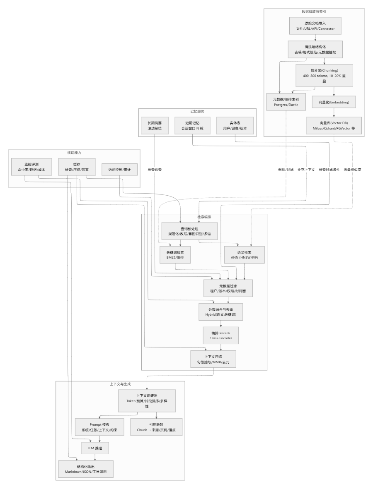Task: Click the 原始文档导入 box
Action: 315,26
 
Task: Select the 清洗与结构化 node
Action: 315,50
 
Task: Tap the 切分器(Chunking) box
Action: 324,75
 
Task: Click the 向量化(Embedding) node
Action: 334,102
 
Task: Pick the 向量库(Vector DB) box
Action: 334,126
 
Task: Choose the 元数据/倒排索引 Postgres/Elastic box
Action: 286,102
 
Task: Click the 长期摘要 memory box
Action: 155,126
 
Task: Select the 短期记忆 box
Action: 192,126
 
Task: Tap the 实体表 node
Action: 235,126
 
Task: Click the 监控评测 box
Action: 31,167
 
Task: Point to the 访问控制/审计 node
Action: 120,170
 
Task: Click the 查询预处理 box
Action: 189,231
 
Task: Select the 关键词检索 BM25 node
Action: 175,255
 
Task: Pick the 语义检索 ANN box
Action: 244,255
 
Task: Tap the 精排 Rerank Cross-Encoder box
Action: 220,336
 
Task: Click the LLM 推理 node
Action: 95,448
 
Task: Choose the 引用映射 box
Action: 156,427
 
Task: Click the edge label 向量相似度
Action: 352,170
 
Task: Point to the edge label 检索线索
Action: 155,170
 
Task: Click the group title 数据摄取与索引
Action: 314,12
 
